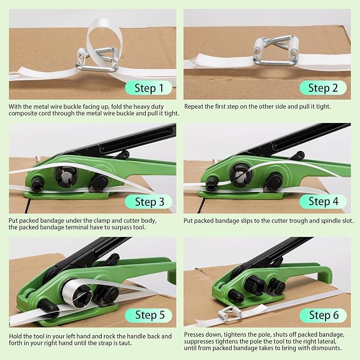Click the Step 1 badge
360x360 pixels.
(x=148, y=87)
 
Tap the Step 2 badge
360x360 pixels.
(x=323, y=87)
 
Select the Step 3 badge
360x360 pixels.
(x=148, y=201)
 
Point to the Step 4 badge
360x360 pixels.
(x=323, y=201)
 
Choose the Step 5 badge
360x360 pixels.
(x=148, y=315)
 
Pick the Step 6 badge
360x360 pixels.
(x=323, y=315)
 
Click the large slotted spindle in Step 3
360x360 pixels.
(x=66, y=177)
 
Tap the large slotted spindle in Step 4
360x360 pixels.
(x=241, y=176)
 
